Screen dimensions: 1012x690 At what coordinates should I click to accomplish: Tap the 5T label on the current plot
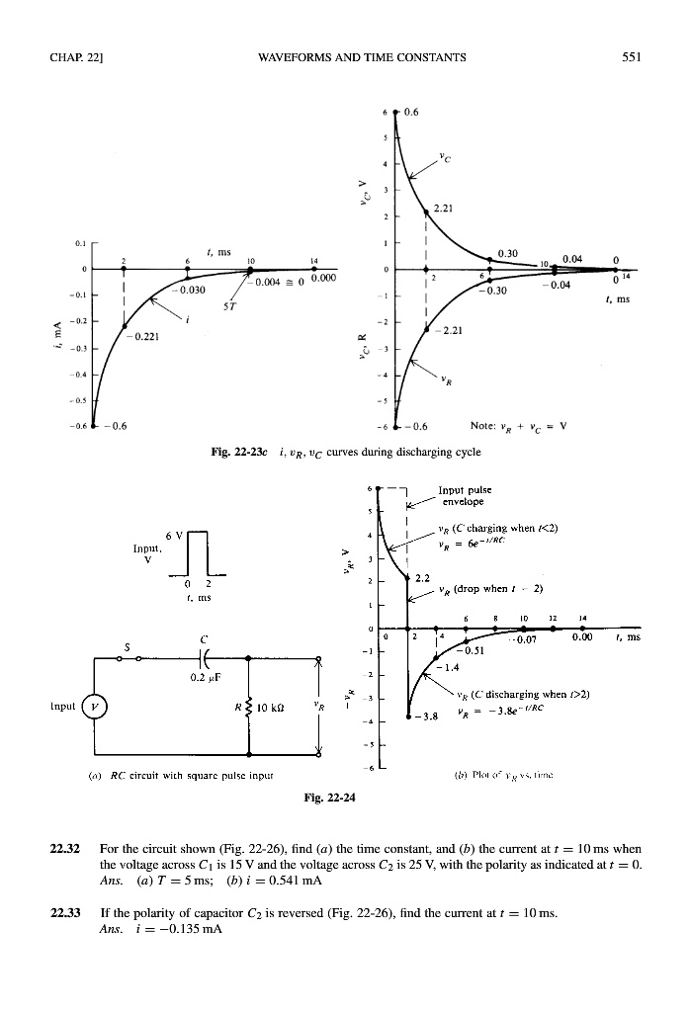click(230, 304)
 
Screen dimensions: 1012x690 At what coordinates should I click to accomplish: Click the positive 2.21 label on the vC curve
click(446, 209)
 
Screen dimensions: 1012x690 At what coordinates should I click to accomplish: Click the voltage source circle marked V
click(95, 708)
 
